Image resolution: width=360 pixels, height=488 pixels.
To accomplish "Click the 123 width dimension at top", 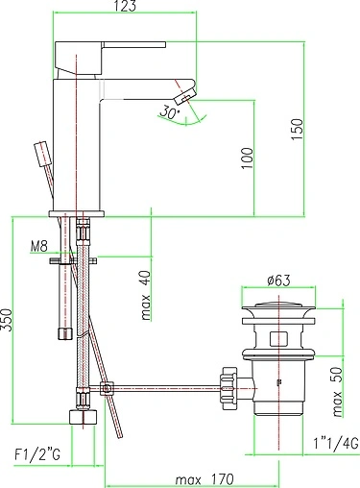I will click(123, 8).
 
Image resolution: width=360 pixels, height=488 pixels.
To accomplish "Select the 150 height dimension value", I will click(298, 126).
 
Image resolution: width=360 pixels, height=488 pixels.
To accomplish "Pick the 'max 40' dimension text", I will click(144, 298).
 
